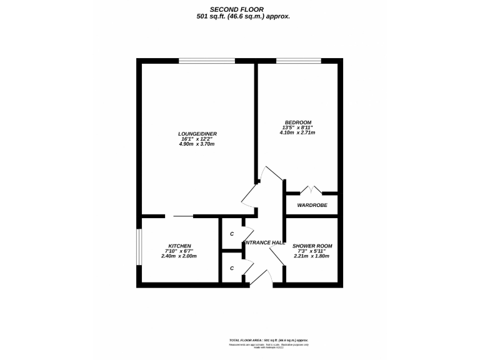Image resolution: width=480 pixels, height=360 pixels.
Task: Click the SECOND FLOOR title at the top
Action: [x=240, y=9]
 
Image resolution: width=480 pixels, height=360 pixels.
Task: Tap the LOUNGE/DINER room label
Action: [x=197, y=134]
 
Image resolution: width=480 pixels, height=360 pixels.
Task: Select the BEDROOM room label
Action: [x=297, y=122]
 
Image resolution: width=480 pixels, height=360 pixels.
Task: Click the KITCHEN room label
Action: [x=179, y=246]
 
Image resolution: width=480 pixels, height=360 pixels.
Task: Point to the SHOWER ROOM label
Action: [x=312, y=246]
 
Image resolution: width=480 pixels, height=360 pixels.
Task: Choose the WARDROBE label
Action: [x=312, y=205]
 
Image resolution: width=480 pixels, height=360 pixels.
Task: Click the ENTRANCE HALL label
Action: [x=264, y=242]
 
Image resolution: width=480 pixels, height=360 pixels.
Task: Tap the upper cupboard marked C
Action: [x=232, y=234]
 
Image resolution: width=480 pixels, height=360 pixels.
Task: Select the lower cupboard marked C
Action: [x=232, y=268]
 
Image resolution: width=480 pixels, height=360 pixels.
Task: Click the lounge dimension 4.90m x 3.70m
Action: [x=197, y=144]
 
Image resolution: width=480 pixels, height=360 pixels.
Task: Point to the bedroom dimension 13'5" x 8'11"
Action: [x=297, y=127]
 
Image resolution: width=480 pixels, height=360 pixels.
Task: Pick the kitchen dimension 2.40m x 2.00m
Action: [x=179, y=256]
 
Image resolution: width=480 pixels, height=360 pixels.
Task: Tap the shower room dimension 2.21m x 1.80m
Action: [x=312, y=256]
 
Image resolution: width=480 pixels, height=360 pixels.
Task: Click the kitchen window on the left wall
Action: [x=139, y=249]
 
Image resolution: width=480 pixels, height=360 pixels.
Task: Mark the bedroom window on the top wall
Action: [x=299, y=61]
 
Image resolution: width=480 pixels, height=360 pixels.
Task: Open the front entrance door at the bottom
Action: [x=264, y=278]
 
